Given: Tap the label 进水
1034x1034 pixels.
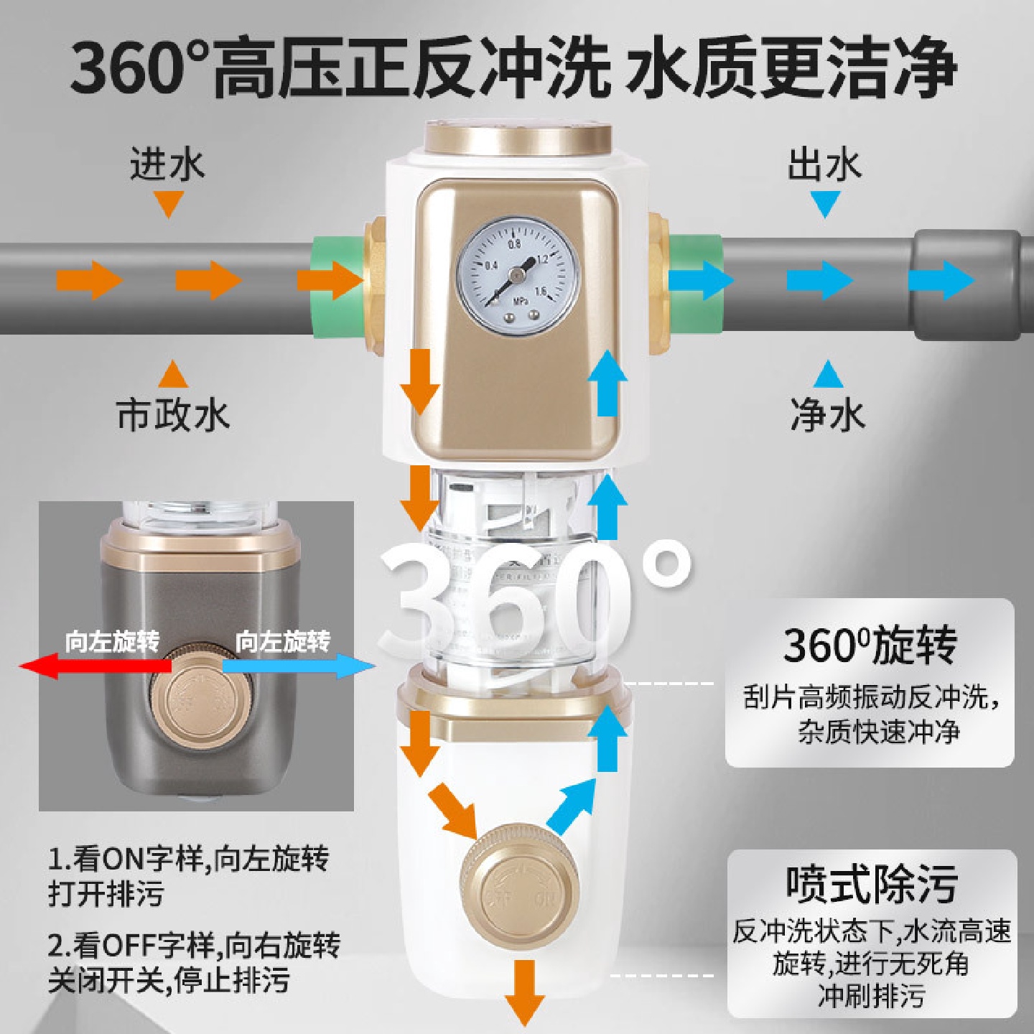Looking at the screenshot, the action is [167, 164].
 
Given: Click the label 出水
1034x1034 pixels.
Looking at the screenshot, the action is [824, 164].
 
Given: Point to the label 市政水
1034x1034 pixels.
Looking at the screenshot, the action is [173, 415].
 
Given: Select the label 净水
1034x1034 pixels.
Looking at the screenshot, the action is [827, 415].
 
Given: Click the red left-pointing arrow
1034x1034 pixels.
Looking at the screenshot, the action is [93, 666].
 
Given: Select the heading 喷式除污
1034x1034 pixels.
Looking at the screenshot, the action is [871, 884].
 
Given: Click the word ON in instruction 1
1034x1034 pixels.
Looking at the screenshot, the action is [124, 859].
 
